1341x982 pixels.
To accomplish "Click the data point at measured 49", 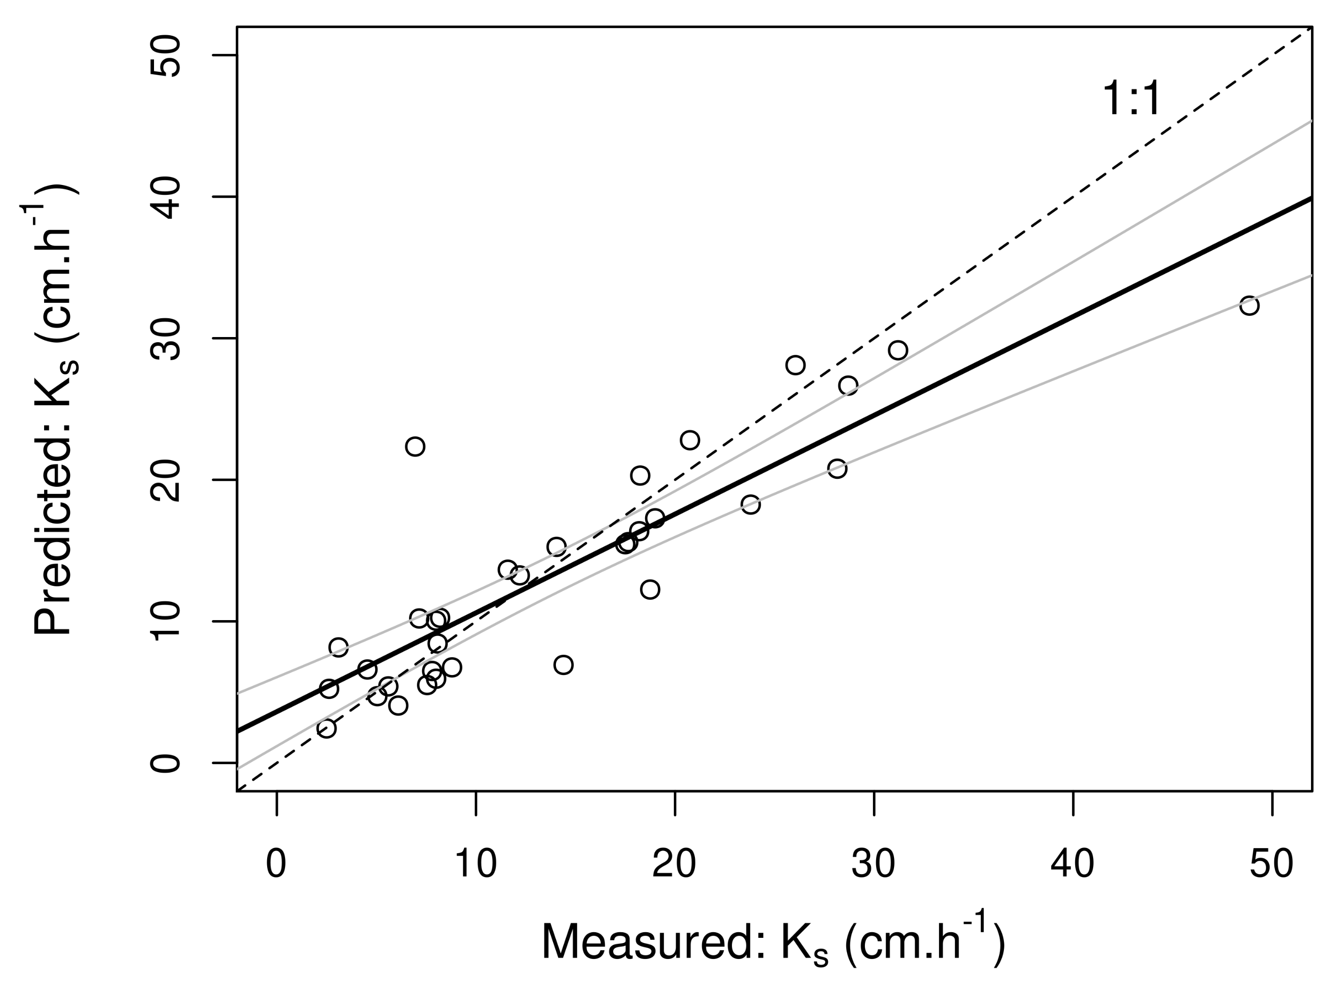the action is click(x=1249, y=306).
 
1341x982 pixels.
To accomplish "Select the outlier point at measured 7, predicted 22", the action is click(x=415, y=446).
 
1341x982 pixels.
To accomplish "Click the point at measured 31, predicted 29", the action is click(x=898, y=351).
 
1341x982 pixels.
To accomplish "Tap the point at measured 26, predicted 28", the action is click(x=795, y=365).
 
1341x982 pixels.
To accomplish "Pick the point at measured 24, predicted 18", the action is click(x=750, y=505).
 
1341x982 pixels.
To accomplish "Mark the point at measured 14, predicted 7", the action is click(x=563, y=665).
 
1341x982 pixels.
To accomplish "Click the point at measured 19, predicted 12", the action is click(x=650, y=590).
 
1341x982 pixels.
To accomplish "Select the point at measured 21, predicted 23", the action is click(x=689, y=440).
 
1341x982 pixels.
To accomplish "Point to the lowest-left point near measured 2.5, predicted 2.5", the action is click(x=326, y=728).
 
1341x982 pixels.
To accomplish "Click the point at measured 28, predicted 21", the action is click(x=837, y=469).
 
